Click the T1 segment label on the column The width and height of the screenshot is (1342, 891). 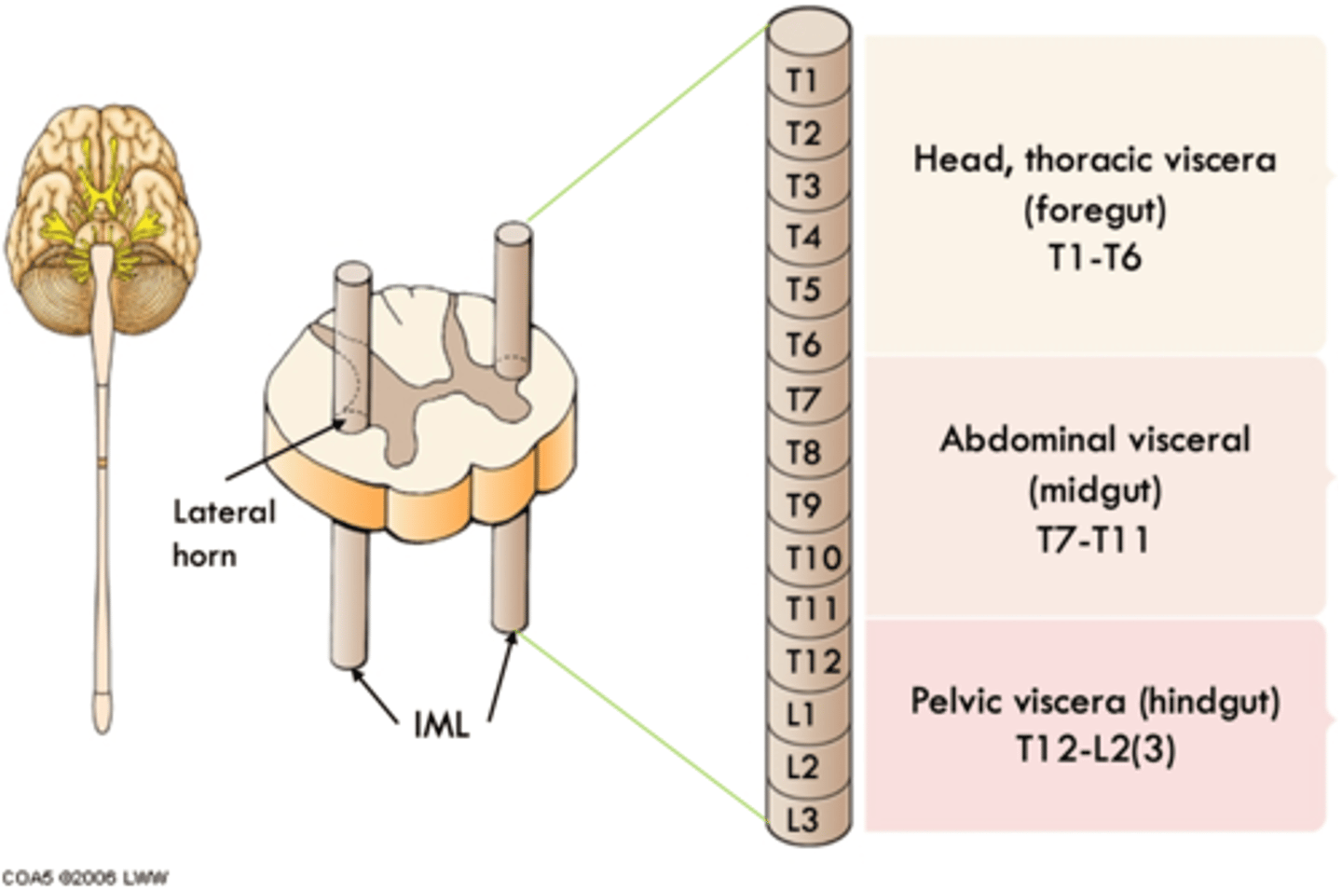pyautogui.click(x=801, y=81)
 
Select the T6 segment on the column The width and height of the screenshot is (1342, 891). pyautogui.click(x=803, y=345)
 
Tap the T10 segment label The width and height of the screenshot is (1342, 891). pyautogui.click(x=813, y=557)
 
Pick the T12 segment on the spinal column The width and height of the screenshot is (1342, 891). pyautogui.click(x=813, y=661)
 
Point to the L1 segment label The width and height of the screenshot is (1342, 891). pyautogui.click(x=801, y=715)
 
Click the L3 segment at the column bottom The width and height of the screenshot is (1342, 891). pyautogui.click(x=801, y=819)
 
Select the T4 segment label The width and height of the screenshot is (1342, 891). pyautogui.click(x=803, y=238)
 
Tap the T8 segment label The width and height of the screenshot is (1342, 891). pyautogui.click(x=803, y=453)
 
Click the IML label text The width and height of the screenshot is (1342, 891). pyautogui.click(x=441, y=725)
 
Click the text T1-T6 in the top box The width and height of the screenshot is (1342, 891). pyautogui.click(x=1094, y=257)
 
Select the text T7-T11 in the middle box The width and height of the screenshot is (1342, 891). pyautogui.click(x=1094, y=540)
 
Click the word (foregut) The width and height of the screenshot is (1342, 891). pyautogui.click(x=1094, y=209)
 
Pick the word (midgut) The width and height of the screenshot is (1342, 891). pyautogui.click(x=1094, y=490)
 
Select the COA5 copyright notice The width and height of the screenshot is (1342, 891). pyautogui.click(x=85, y=877)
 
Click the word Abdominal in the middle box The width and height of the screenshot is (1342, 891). pyautogui.click(x=1016, y=439)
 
